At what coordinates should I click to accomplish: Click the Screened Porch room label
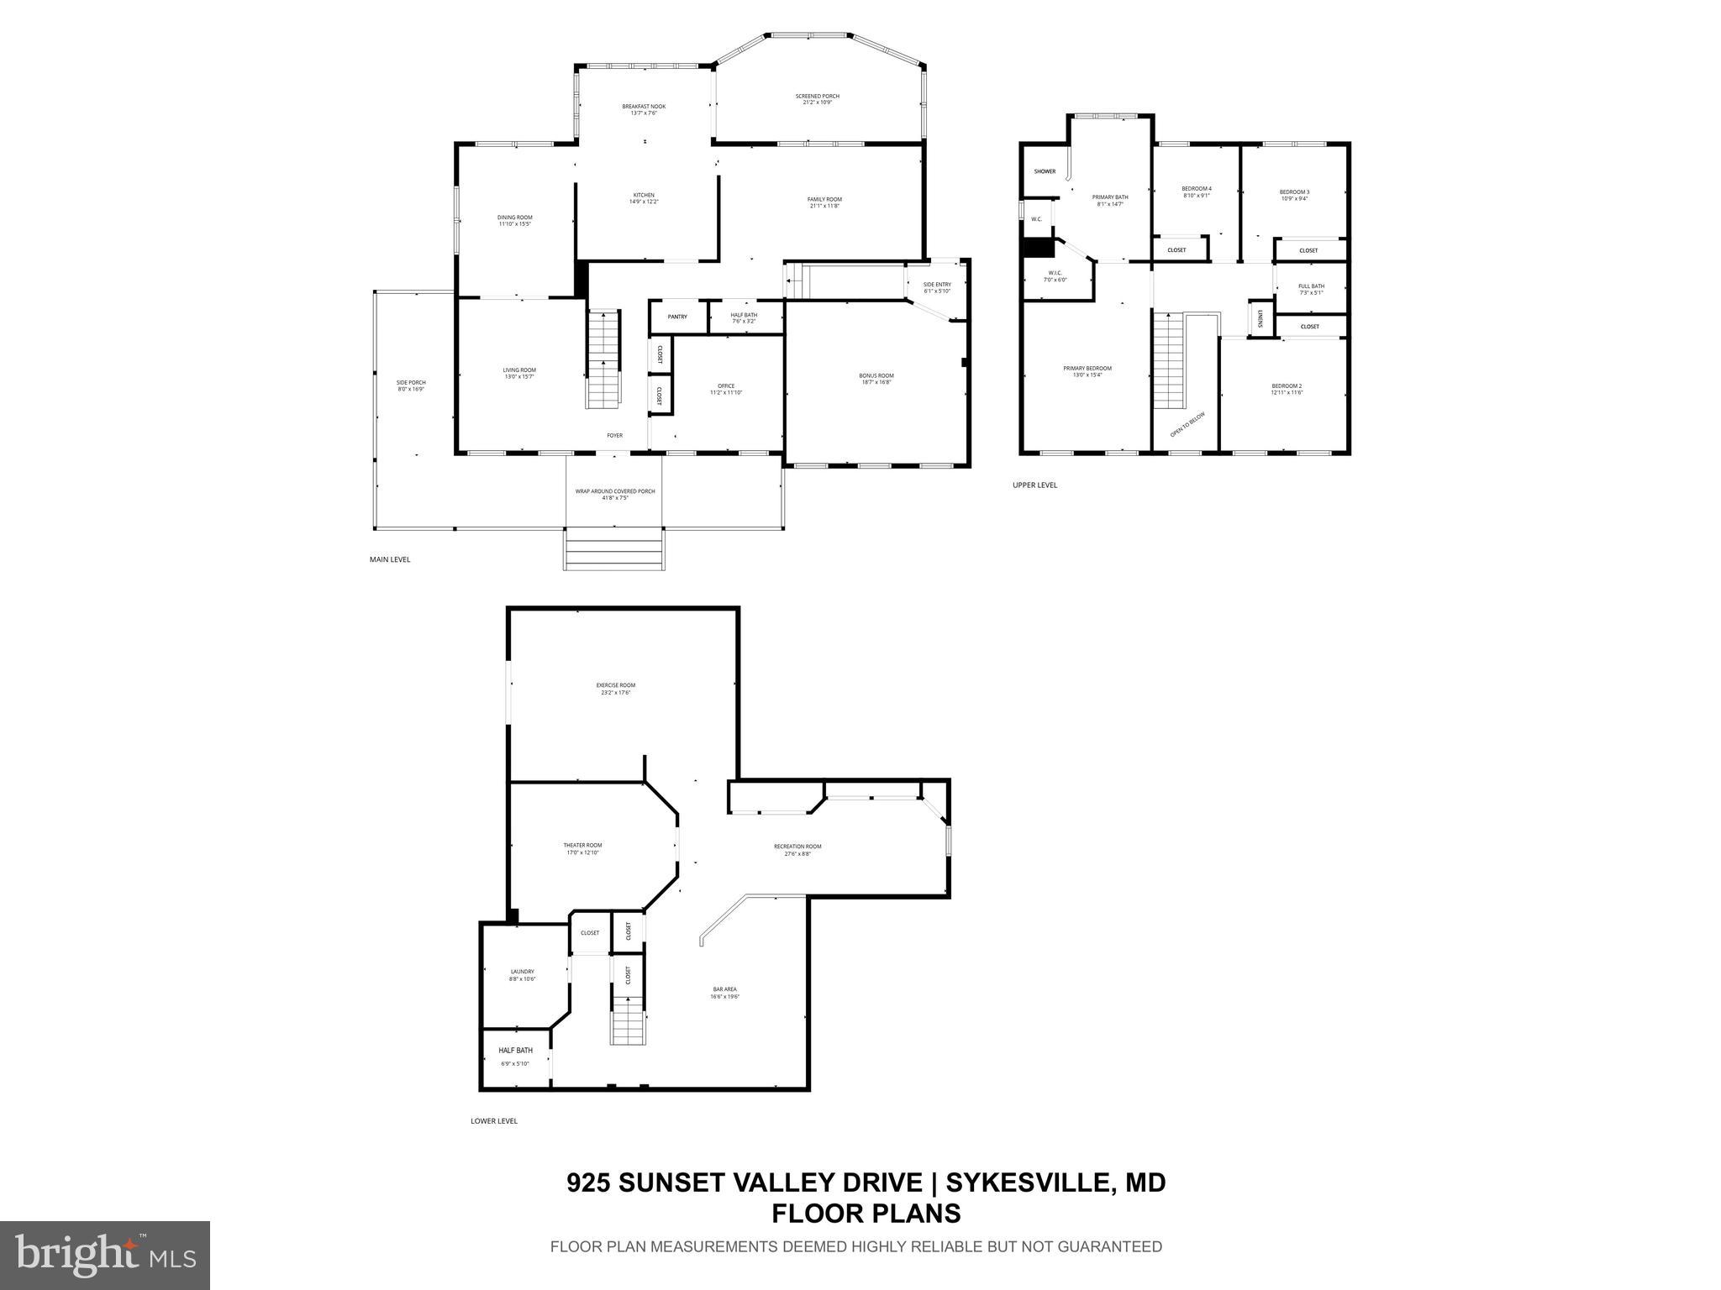(817, 97)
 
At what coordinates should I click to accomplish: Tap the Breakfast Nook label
(644, 107)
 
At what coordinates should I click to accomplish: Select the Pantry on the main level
(677, 317)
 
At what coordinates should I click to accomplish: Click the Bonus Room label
(876, 375)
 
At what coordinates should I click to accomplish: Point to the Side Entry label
(937, 285)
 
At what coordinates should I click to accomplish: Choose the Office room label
(726, 386)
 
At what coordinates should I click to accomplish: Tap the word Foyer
(615, 435)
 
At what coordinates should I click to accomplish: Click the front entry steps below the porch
(614, 549)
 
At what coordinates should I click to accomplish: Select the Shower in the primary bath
(1045, 171)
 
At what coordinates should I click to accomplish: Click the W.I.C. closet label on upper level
(1055, 273)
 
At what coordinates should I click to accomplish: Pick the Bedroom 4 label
(1197, 189)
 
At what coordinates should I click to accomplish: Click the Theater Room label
(582, 846)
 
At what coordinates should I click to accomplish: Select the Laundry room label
(522, 972)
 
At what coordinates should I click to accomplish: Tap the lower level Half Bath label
(515, 1051)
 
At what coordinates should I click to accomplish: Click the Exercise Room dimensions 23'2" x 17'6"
(615, 693)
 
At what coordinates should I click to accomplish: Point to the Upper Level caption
(1034, 485)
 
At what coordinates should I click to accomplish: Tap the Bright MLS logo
(105, 1256)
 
